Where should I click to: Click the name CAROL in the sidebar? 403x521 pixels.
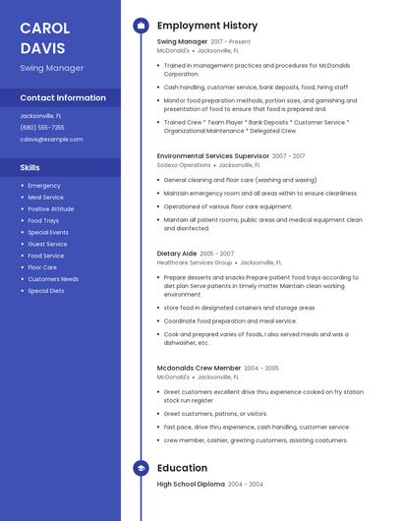(x=44, y=27)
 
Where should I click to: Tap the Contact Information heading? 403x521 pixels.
(x=63, y=97)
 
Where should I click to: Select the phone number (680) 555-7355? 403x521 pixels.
(x=42, y=127)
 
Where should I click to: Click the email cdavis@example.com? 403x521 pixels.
(x=51, y=139)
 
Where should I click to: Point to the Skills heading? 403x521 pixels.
(x=29, y=167)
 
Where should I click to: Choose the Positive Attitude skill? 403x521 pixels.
(x=51, y=208)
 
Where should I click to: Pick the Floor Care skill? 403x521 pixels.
(x=42, y=267)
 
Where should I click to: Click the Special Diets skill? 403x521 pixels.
(x=46, y=291)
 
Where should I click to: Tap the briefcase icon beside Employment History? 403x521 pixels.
(x=140, y=26)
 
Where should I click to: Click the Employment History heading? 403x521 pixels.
(x=207, y=26)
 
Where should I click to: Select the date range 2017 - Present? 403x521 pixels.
(x=231, y=42)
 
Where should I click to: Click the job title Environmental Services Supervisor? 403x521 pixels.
(x=212, y=155)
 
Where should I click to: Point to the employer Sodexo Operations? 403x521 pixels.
(x=184, y=165)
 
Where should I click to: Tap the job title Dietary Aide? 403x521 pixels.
(x=177, y=253)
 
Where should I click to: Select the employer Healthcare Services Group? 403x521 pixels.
(x=195, y=262)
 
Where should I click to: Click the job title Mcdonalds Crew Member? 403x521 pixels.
(x=199, y=367)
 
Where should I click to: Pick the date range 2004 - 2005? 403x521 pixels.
(x=261, y=368)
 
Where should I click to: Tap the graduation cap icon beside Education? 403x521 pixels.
(x=140, y=468)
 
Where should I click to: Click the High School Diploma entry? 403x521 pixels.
(x=191, y=484)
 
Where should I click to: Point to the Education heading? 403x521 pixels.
(x=182, y=468)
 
